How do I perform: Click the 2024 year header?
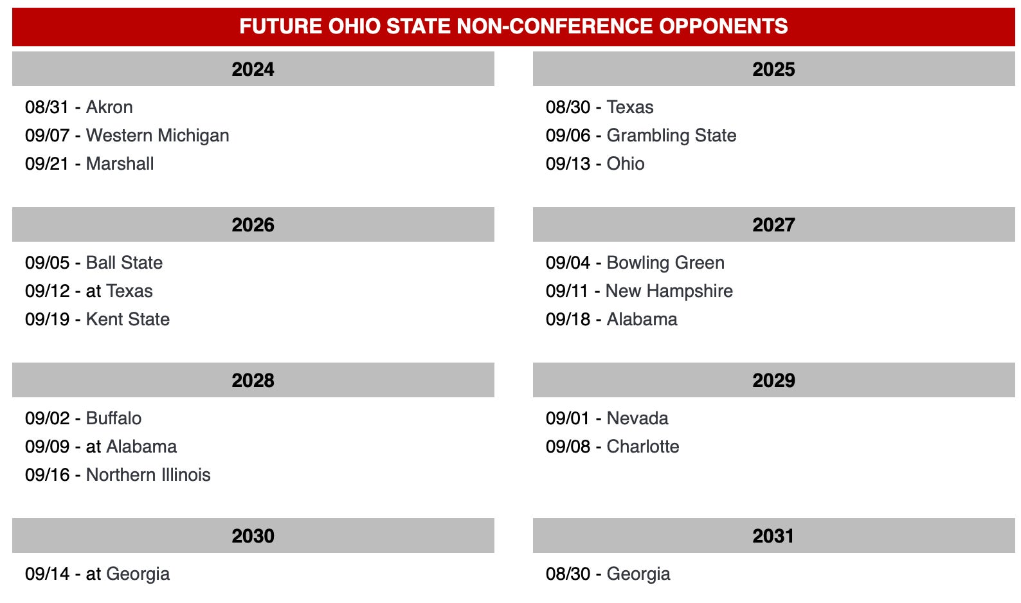pos(253,69)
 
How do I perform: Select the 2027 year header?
pos(773,225)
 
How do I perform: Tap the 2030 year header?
pos(253,536)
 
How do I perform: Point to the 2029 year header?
pos(773,381)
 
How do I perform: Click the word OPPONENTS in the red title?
pos(723,26)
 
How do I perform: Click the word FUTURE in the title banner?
pos(280,26)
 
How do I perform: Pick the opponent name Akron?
pos(109,107)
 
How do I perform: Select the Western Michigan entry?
pos(158,136)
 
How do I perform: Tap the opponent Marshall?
pos(120,164)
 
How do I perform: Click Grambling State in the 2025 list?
pos(671,136)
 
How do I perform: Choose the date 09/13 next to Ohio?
pos(568,164)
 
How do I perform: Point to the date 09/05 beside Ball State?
pos(48,263)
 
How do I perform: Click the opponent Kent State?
pos(128,319)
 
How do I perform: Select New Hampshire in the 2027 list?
pos(669,291)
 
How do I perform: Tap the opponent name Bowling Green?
pos(665,263)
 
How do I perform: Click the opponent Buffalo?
pos(114,419)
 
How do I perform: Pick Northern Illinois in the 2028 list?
pos(149,475)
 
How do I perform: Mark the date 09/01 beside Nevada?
pos(568,419)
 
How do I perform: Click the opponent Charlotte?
pos(643,447)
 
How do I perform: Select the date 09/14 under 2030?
pos(48,574)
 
